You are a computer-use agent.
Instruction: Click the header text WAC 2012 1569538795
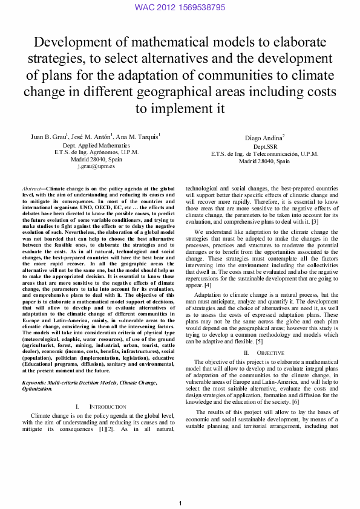[180, 7]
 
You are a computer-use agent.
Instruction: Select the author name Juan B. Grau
[48, 137]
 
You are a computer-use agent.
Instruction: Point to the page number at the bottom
[180, 504]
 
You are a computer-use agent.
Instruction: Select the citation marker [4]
[208, 284]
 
